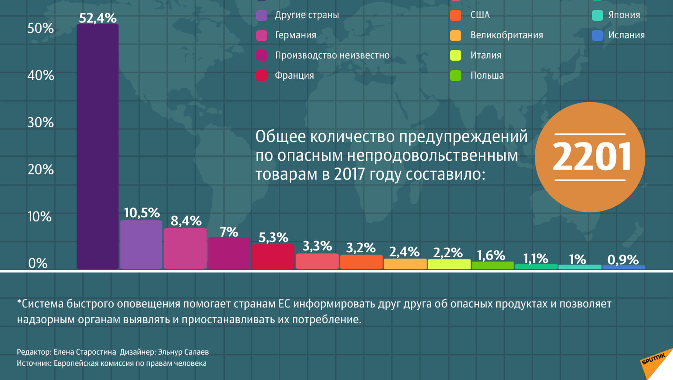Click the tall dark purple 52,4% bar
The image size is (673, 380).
[97, 146]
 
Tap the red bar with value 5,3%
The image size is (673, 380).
[273, 257]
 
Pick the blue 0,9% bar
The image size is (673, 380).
[624, 267]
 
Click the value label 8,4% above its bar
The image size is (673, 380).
[186, 221]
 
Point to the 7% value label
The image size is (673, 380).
[229, 232]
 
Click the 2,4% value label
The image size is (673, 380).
[404, 252]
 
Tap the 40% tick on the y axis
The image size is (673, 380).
[41, 75]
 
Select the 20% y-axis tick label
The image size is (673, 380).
[41, 170]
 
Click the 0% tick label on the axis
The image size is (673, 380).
[38, 263]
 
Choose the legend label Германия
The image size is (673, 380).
[295, 35]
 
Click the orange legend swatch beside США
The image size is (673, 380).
[456, 15]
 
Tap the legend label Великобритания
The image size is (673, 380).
[507, 35]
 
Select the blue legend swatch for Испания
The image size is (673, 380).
[597, 35]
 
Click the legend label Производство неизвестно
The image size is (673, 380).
[332, 55]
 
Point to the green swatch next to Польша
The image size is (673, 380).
[456, 76]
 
